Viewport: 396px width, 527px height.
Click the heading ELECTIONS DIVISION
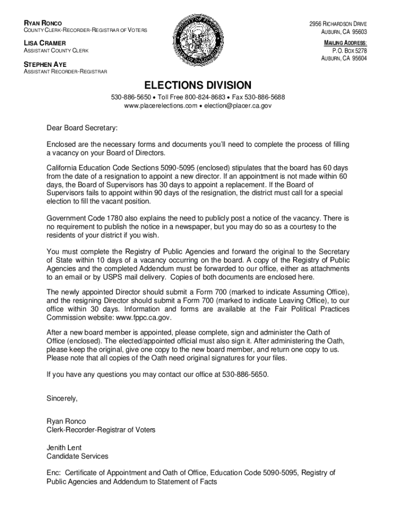(x=198, y=85)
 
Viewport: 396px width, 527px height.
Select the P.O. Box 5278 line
(x=350, y=51)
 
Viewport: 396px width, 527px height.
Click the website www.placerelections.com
(x=160, y=106)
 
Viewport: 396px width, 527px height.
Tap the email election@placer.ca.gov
(x=238, y=106)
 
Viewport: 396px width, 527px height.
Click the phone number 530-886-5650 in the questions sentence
(x=245, y=374)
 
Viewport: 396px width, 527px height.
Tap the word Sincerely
(x=62, y=398)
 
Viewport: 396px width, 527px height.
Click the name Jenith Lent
(x=64, y=448)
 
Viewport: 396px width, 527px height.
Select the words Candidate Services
(x=77, y=456)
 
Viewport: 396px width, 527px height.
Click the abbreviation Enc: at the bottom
(x=53, y=472)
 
